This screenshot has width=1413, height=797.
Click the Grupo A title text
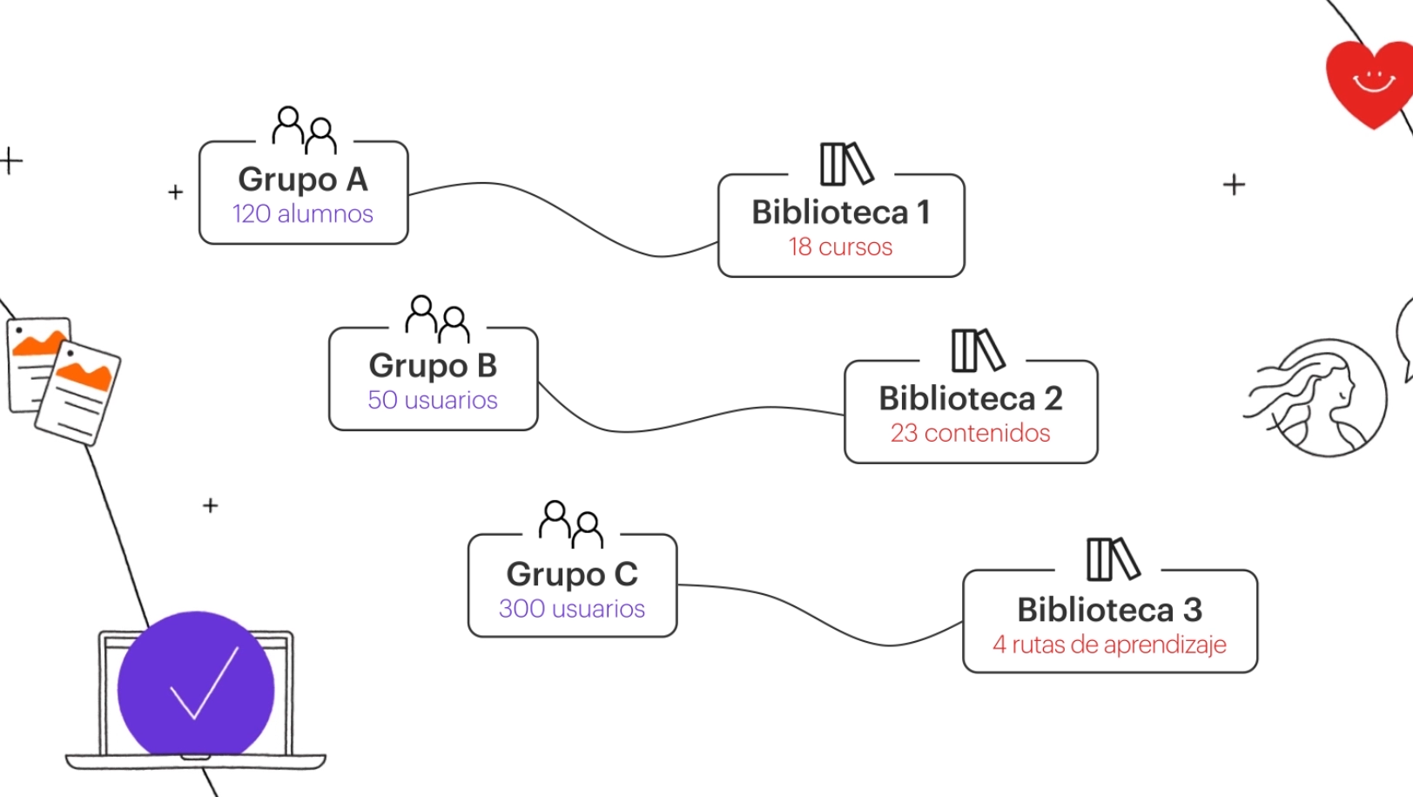(x=302, y=179)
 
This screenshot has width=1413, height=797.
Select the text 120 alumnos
(x=302, y=213)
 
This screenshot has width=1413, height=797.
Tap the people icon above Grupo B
(x=437, y=319)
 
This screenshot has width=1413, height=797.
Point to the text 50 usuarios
(x=432, y=400)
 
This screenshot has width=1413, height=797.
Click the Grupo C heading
(x=571, y=574)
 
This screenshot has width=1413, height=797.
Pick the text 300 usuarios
(x=571, y=608)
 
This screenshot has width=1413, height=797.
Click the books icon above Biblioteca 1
(x=845, y=164)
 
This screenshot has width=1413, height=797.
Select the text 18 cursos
(x=840, y=247)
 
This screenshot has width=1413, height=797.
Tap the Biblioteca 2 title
(x=970, y=398)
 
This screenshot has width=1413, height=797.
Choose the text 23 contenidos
(x=970, y=433)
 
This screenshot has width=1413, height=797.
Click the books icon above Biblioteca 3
(x=1112, y=558)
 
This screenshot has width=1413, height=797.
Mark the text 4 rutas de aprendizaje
(x=1109, y=645)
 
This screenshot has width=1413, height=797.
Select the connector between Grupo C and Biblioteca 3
(x=818, y=618)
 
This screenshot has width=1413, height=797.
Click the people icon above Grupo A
(x=304, y=130)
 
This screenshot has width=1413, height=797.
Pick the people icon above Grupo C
(x=570, y=523)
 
